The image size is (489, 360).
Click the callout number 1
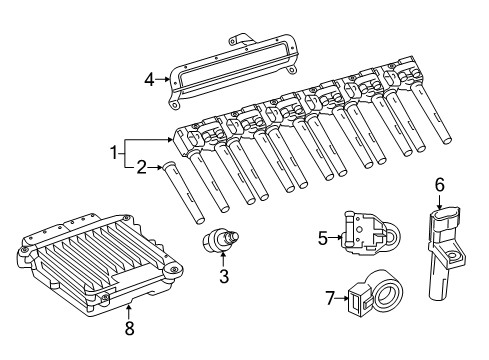click(114, 154)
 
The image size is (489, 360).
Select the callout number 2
click(142, 168)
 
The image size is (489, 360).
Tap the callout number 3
click(224, 276)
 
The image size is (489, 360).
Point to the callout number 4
click(150, 80)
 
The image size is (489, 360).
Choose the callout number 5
click(323, 238)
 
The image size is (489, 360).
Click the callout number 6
click(440, 185)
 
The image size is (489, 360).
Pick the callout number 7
click(330, 298)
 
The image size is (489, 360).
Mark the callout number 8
click(129, 328)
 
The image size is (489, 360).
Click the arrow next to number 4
click(163, 79)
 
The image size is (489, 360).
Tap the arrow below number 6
click(440, 202)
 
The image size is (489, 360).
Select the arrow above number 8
click(129, 311)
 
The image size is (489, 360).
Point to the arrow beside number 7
click(342, 298)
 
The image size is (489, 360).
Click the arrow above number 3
click(224, 260)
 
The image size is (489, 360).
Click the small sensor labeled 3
click(221, 240)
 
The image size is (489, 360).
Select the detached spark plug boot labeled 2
click(183, 193)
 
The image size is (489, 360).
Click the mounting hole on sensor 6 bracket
click(453, 256)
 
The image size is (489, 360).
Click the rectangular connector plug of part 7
click(357, 298)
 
